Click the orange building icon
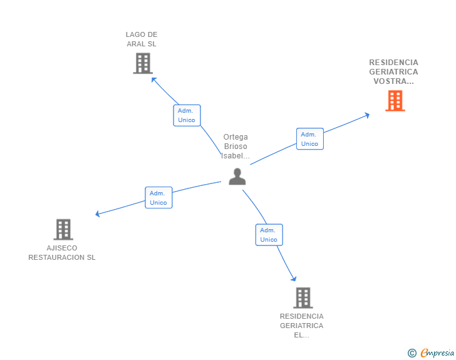395,101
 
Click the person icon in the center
237,177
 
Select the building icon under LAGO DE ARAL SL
143,63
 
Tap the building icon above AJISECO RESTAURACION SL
63,230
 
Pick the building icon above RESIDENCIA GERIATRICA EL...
303,298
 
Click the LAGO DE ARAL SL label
141,39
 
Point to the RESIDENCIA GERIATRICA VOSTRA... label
393,71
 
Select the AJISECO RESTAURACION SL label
62,252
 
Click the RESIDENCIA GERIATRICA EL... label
302,326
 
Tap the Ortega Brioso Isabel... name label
236,146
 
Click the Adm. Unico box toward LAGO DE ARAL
187,115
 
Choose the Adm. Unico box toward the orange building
309,139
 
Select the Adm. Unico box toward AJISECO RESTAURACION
158,198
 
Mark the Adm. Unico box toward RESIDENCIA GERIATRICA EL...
269,235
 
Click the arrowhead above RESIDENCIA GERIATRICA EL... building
293,279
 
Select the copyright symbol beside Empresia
412,353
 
